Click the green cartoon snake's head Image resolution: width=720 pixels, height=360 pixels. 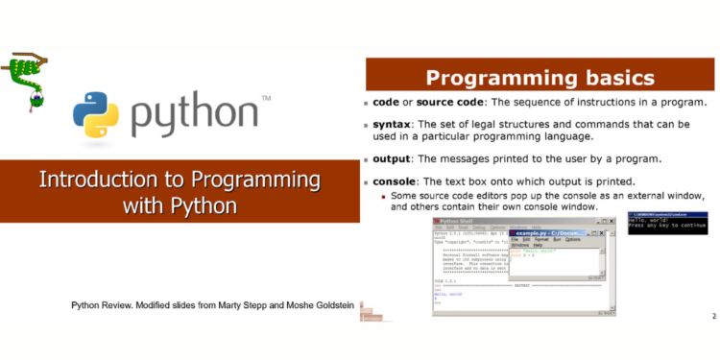pos(36,99)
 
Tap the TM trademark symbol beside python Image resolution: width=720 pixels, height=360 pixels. pos(265,98)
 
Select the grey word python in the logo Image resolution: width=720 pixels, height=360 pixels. pos(196,116)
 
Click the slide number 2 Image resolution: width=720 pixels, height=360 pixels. pos(713,315)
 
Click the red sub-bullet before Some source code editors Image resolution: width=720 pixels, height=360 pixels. pos(384,196)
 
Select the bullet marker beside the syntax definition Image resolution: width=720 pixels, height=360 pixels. pos(366,126)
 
